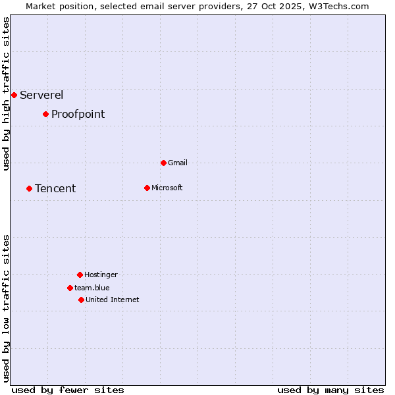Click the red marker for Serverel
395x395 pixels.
[x=14, y=95]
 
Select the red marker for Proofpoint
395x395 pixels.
[x=45, y=114]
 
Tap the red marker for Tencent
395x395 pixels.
[x=29, y=188]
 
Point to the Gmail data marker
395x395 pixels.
[x=163, y=163]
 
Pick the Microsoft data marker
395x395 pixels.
[x=147, y=188]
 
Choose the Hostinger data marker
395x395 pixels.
[x=80, y=275]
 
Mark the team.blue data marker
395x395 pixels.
[x=70, y=288]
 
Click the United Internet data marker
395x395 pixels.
[x=81, y=300]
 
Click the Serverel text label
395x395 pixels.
[x=41, y=95]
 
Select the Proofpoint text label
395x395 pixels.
[x=78, y=114]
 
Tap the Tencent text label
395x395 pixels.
[x=55, y=188]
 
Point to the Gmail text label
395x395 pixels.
[x=178, y=163]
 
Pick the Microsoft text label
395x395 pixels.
[x=167, y=188]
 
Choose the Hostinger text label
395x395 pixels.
[x=101, y=275]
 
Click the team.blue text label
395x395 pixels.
[x=92, y=288]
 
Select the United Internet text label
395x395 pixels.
[x=112, y=300]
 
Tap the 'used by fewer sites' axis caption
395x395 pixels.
[x=68, y=390]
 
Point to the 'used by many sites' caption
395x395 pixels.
[x=330, y=390]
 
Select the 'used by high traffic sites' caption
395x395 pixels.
[x=6, y=93]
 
